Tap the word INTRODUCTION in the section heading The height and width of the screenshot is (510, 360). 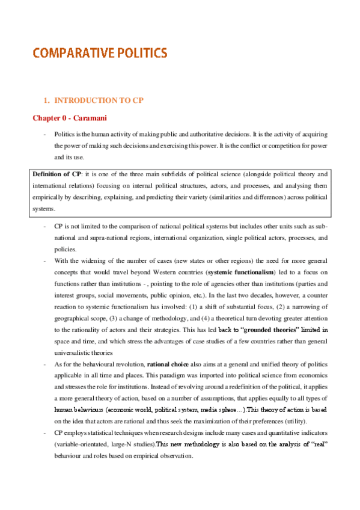point(82,100)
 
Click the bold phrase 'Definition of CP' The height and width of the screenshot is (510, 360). point(56,174)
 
